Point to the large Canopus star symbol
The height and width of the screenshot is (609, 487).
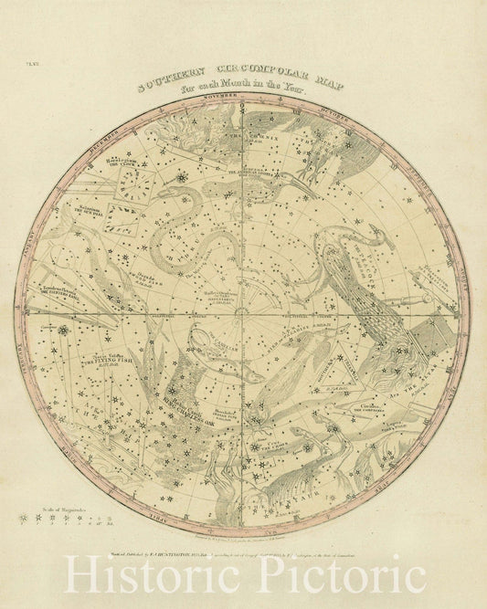(x=64, y=331)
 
